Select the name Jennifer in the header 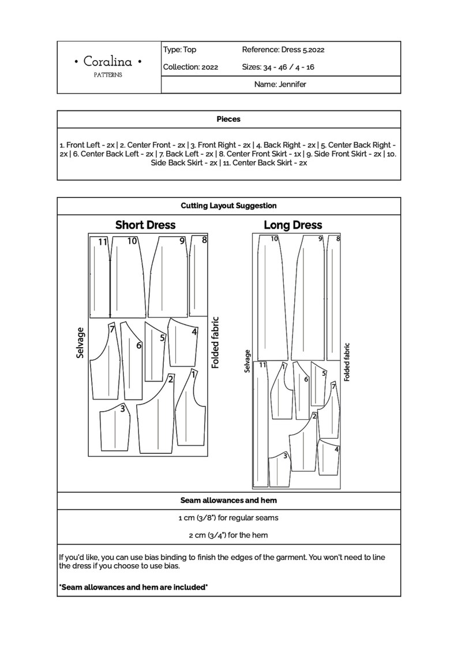tap(280, 84)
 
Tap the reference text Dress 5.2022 tap(283, 50)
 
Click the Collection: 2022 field tap(190, 67)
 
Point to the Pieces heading tap(228, 120)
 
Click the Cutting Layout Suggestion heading tap(228, 206)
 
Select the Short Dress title tap(145, 225)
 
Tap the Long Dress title tap(293, 225)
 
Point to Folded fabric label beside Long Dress tap(347, 362)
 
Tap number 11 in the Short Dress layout tap(103, 242)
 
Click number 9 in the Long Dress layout tap(320, 238)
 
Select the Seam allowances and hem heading tap(228, 501)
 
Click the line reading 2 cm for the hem tap(228, 535)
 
